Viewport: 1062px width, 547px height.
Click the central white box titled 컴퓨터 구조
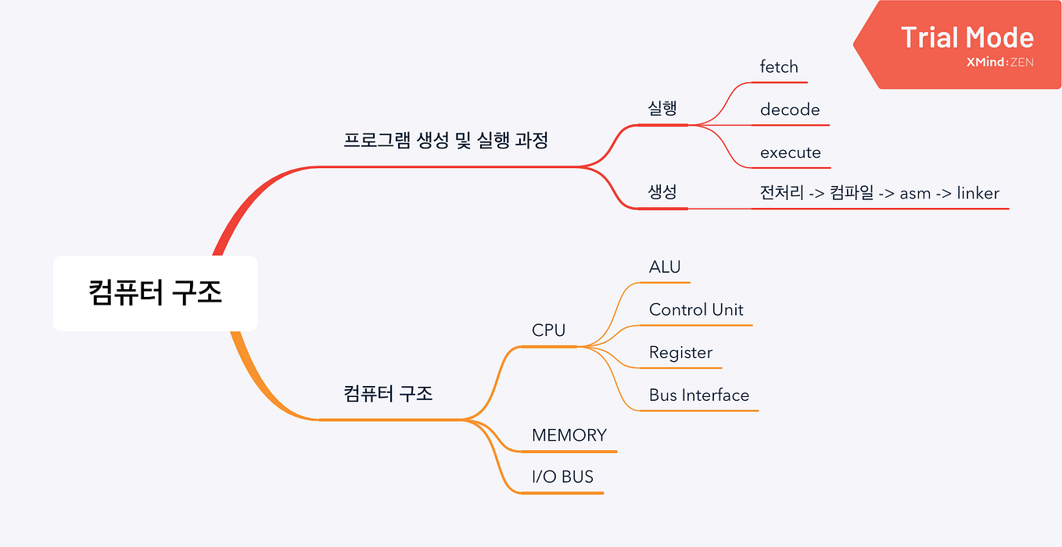coord(155,293)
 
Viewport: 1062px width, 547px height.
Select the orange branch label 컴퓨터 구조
coord(388,393)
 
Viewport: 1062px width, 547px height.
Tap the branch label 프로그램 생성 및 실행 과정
coord(446,141)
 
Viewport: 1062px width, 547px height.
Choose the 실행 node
coord(662,108)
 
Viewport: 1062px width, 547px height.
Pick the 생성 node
coord(662,192)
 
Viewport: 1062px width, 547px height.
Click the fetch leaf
coord(779,67)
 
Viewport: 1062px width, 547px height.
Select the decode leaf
coord(790,110)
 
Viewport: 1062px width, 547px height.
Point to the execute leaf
coord(791,153)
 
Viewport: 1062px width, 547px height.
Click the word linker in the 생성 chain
coord(978,193)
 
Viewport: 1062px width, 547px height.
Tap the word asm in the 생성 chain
coord(915,193)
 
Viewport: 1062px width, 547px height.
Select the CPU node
coord(548,331)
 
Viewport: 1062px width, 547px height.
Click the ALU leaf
coord(665,267)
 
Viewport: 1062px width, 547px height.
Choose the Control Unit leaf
coord(696,310)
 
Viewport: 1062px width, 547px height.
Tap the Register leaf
coord(680,353)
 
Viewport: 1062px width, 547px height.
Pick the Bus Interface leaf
coord(699,395)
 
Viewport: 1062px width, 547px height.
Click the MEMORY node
coord(569,435)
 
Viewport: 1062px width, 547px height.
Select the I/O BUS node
coord(562,477)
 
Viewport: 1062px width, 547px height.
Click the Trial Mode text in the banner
coord(967,38)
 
